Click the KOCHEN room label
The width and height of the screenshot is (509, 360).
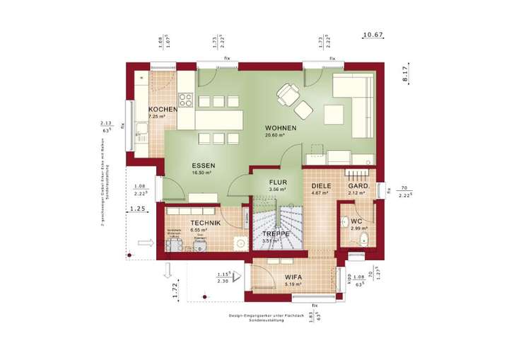click(162, 109)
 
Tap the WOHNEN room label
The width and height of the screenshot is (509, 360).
click(280, 128)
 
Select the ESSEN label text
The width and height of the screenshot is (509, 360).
click(203, 165)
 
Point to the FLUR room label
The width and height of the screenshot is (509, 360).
click(278, 182)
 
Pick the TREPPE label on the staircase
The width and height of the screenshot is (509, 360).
click(276, 233)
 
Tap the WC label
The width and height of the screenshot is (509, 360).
click(356, 221)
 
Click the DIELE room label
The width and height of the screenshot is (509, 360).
click(322, 186)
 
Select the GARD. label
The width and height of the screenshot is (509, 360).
click(357, 186)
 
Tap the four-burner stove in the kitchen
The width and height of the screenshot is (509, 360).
click(185, 100)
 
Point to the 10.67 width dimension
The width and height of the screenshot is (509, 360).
click(373, 34)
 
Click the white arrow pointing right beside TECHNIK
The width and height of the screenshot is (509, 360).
click(146, 242)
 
